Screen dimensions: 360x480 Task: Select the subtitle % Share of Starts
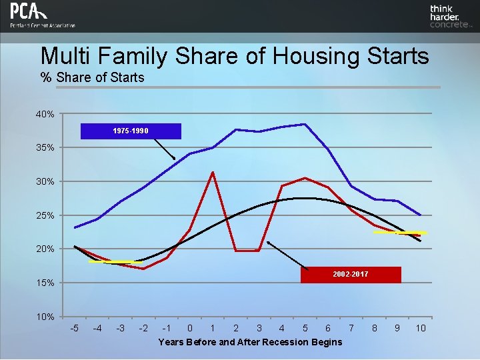[92, 77]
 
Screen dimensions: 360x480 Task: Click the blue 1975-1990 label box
[131, 131]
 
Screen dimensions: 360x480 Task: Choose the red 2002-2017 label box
[351, 275]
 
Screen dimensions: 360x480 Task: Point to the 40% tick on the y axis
[45, 114]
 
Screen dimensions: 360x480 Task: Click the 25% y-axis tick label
[45, 215]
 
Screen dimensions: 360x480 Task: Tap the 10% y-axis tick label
[45, 316]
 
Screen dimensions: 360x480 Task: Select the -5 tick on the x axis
[75, 328]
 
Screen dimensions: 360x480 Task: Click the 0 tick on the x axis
[190, 328]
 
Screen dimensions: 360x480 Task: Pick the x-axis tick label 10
[421, 328]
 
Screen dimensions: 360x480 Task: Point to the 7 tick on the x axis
[351, 328]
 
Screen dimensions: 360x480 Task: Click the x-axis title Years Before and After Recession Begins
[250, 342]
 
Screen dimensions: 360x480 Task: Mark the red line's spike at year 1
[213, 173]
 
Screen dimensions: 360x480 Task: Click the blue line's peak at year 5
[305, 124]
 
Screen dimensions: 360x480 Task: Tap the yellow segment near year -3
[115, 262]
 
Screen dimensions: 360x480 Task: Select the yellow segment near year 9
[399, 233]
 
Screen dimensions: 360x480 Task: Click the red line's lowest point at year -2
[143, 269]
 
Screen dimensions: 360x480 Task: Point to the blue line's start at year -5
[75, 227]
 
